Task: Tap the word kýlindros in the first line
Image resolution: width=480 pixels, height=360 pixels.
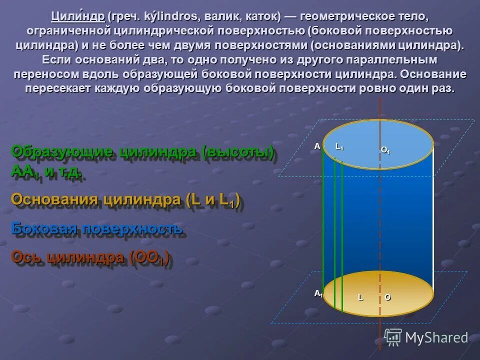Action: coord(171,16)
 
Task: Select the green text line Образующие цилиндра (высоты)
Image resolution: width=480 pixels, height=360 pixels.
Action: coord(142,152)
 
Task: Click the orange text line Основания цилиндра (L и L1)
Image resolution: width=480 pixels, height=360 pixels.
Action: coord(125,200)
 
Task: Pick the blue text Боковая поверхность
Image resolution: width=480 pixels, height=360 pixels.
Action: coord(96,228)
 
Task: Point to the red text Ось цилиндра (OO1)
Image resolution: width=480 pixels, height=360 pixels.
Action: coord(90,257)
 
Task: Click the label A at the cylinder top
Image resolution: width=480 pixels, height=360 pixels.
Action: coord(317,146)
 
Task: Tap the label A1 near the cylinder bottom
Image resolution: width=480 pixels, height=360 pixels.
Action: coord(318,293)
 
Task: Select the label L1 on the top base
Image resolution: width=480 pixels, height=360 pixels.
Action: coord(339,146)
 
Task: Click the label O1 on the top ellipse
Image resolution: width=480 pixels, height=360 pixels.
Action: coord(385,150)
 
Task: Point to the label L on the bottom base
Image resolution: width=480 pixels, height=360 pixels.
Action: coord(359,297)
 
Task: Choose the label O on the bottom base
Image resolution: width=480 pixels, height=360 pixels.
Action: coord(387,297)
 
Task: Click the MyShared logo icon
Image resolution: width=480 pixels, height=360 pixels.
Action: coord(392,337)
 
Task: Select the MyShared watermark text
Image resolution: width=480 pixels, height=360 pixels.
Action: coord(436,338)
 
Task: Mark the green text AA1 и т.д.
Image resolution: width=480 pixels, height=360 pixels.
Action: coord(46,171)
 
